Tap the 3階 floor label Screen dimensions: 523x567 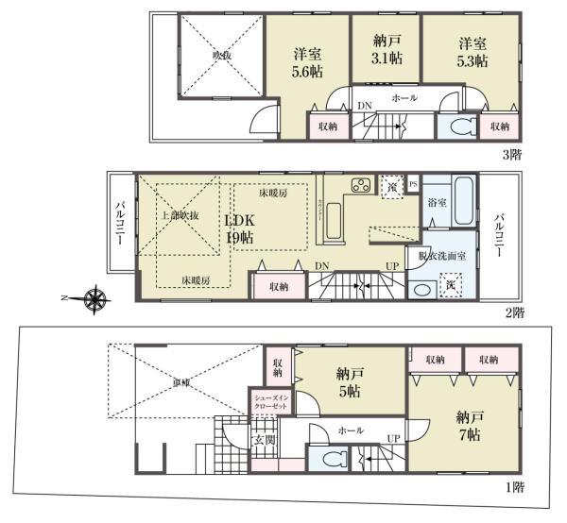511,153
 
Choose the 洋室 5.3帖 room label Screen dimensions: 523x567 471,53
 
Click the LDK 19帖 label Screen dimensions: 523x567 240,228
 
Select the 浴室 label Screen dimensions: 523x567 436,203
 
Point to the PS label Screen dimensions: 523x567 413,183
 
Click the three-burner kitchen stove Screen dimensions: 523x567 361,184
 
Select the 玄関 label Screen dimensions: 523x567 263,439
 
